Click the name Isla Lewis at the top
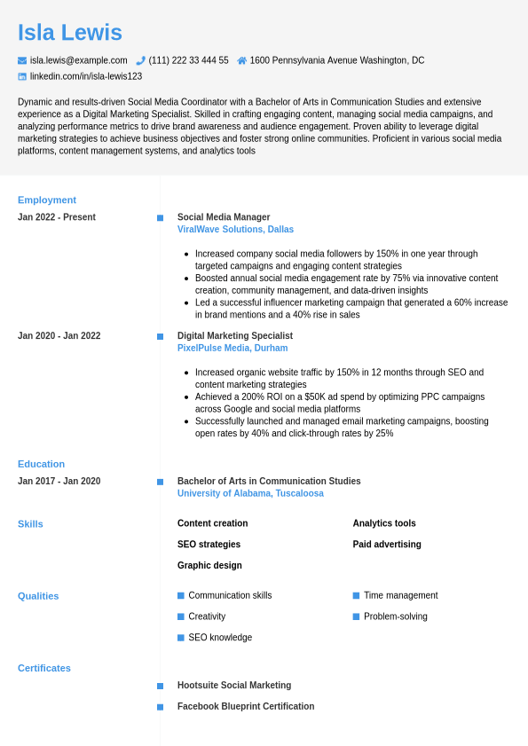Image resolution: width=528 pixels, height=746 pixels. pos(70,33)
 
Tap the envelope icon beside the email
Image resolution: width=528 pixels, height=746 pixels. pos(22,60)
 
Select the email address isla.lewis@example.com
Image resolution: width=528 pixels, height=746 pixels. pos(78,60)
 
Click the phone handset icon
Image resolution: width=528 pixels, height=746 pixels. pos(140,60)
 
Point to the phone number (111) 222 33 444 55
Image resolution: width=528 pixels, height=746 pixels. pos(188,60)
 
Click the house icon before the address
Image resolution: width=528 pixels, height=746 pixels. pos(241,60)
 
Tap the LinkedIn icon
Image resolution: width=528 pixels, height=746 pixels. pos(22,76)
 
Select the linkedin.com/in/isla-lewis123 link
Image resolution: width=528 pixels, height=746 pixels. pos(85,76)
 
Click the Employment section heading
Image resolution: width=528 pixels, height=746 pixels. pos(47,200)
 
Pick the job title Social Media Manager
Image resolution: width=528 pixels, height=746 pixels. pos(224,217)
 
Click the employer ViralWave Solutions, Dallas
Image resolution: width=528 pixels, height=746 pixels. pos(235,230)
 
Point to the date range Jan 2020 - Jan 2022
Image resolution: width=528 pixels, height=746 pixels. pos(59,336)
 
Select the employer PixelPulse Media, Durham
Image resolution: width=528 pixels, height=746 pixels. pos(232,349)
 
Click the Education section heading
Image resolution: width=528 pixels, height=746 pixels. pos(41,464)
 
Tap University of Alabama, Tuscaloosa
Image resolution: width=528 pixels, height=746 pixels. pos(250,493)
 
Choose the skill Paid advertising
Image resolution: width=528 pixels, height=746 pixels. pos(387,545)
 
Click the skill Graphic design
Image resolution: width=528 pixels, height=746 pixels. pos(209,565)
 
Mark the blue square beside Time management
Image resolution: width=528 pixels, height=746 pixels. pos(356,595)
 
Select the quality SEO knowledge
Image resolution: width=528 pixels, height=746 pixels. pos(220,638)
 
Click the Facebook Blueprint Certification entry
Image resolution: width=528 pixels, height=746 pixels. pos(246,707)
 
